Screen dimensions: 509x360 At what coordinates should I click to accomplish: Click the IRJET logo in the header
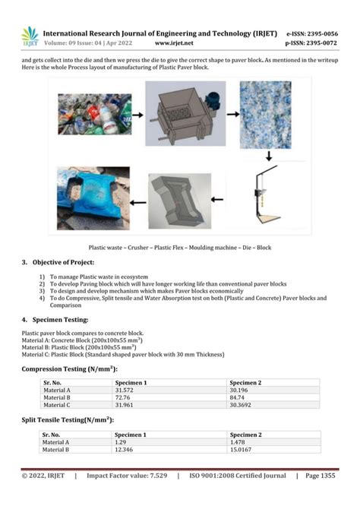[30, 36]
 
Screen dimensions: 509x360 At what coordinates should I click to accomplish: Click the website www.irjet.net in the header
[176, 43]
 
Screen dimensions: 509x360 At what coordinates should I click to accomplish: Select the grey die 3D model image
[179, 201]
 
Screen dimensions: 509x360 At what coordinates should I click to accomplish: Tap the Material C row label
[57, 404]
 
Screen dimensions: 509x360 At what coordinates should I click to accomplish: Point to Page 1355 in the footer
[321, 476]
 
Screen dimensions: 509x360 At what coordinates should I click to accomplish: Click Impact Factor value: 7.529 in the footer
[127, 476]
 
